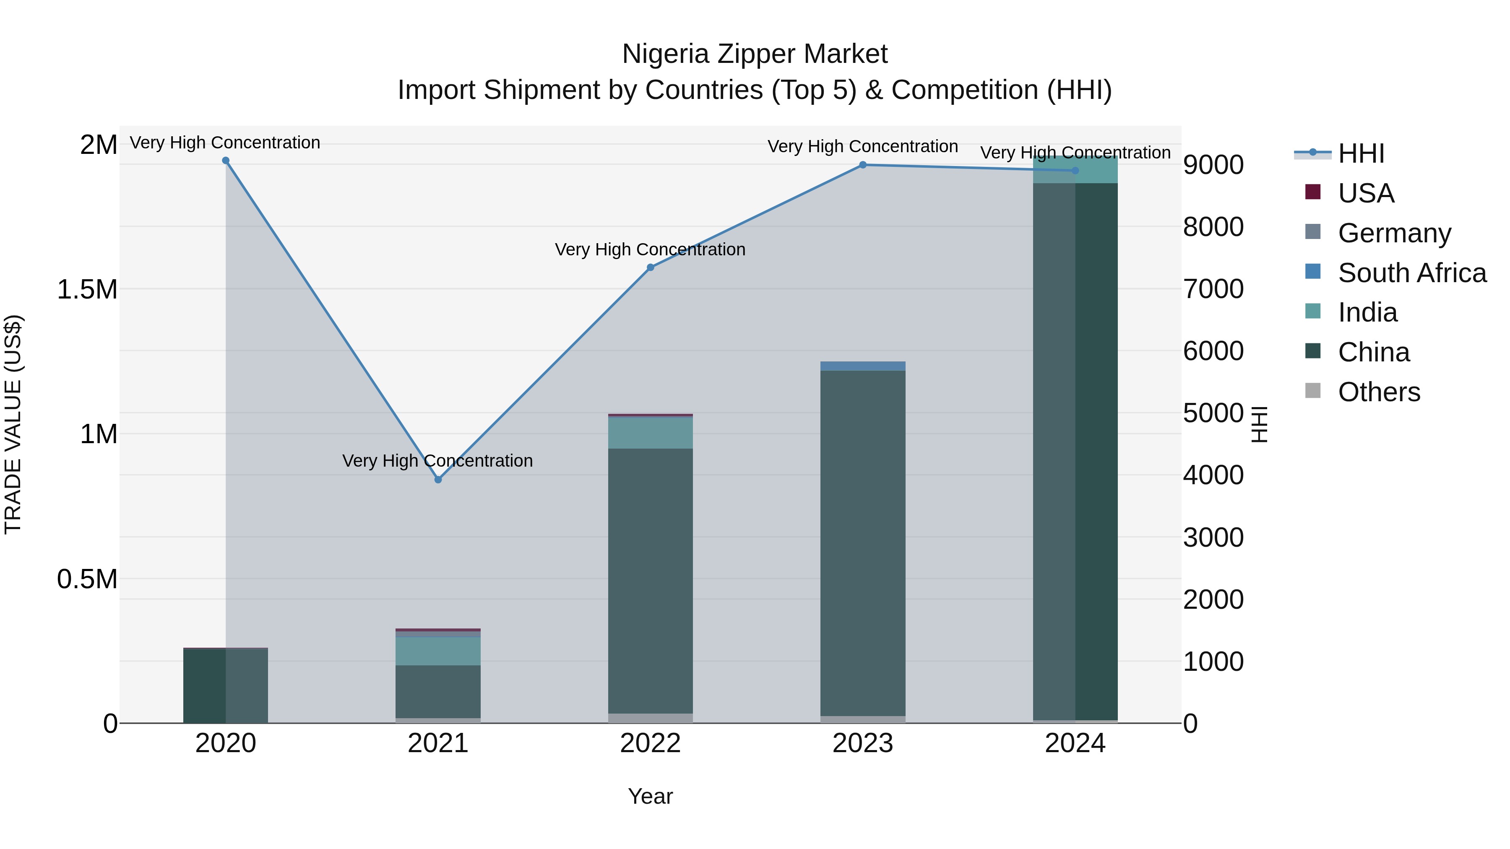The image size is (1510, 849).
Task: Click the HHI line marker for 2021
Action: (x=438, y=479)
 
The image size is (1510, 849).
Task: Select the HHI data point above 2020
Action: (x=226, y=161)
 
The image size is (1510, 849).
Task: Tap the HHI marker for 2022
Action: (x=650, y=267)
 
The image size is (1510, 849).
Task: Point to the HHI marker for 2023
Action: (x=863, y=165)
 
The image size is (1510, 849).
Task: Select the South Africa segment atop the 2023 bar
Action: (x=863, y=366)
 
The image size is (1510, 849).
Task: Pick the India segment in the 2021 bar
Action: (x=438, y=651)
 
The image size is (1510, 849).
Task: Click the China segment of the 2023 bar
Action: (x=863, y=543)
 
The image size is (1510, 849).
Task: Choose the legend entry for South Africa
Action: (x=1411, y=273)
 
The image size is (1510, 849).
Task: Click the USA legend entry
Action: (x=1366, y=193)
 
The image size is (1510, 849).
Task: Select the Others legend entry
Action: (x=1379, y=392)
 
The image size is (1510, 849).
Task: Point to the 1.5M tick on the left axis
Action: (x=87, y=289)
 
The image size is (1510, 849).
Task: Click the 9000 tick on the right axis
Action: (x=1213, y=165)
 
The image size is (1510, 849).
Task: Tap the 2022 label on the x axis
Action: (x=650, y=743)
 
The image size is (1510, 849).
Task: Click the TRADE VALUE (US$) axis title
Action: (x=13, y=424)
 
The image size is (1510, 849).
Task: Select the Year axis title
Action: (x=650, y=796)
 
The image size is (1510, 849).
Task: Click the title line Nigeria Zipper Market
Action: (x=755, y=54)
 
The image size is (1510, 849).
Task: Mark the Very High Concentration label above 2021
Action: (x=437, y=460)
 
